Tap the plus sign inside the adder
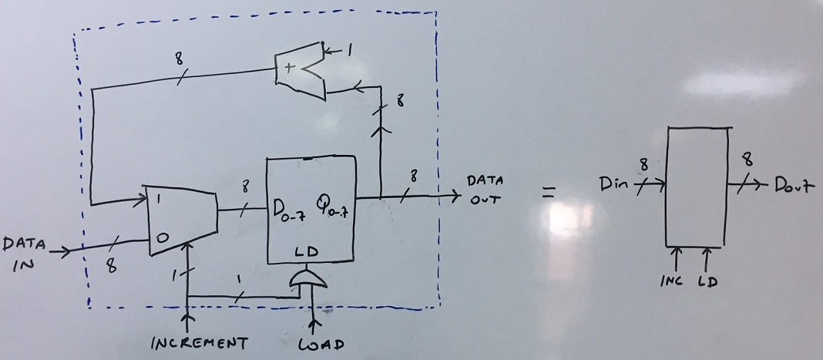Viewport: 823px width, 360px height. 290,68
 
